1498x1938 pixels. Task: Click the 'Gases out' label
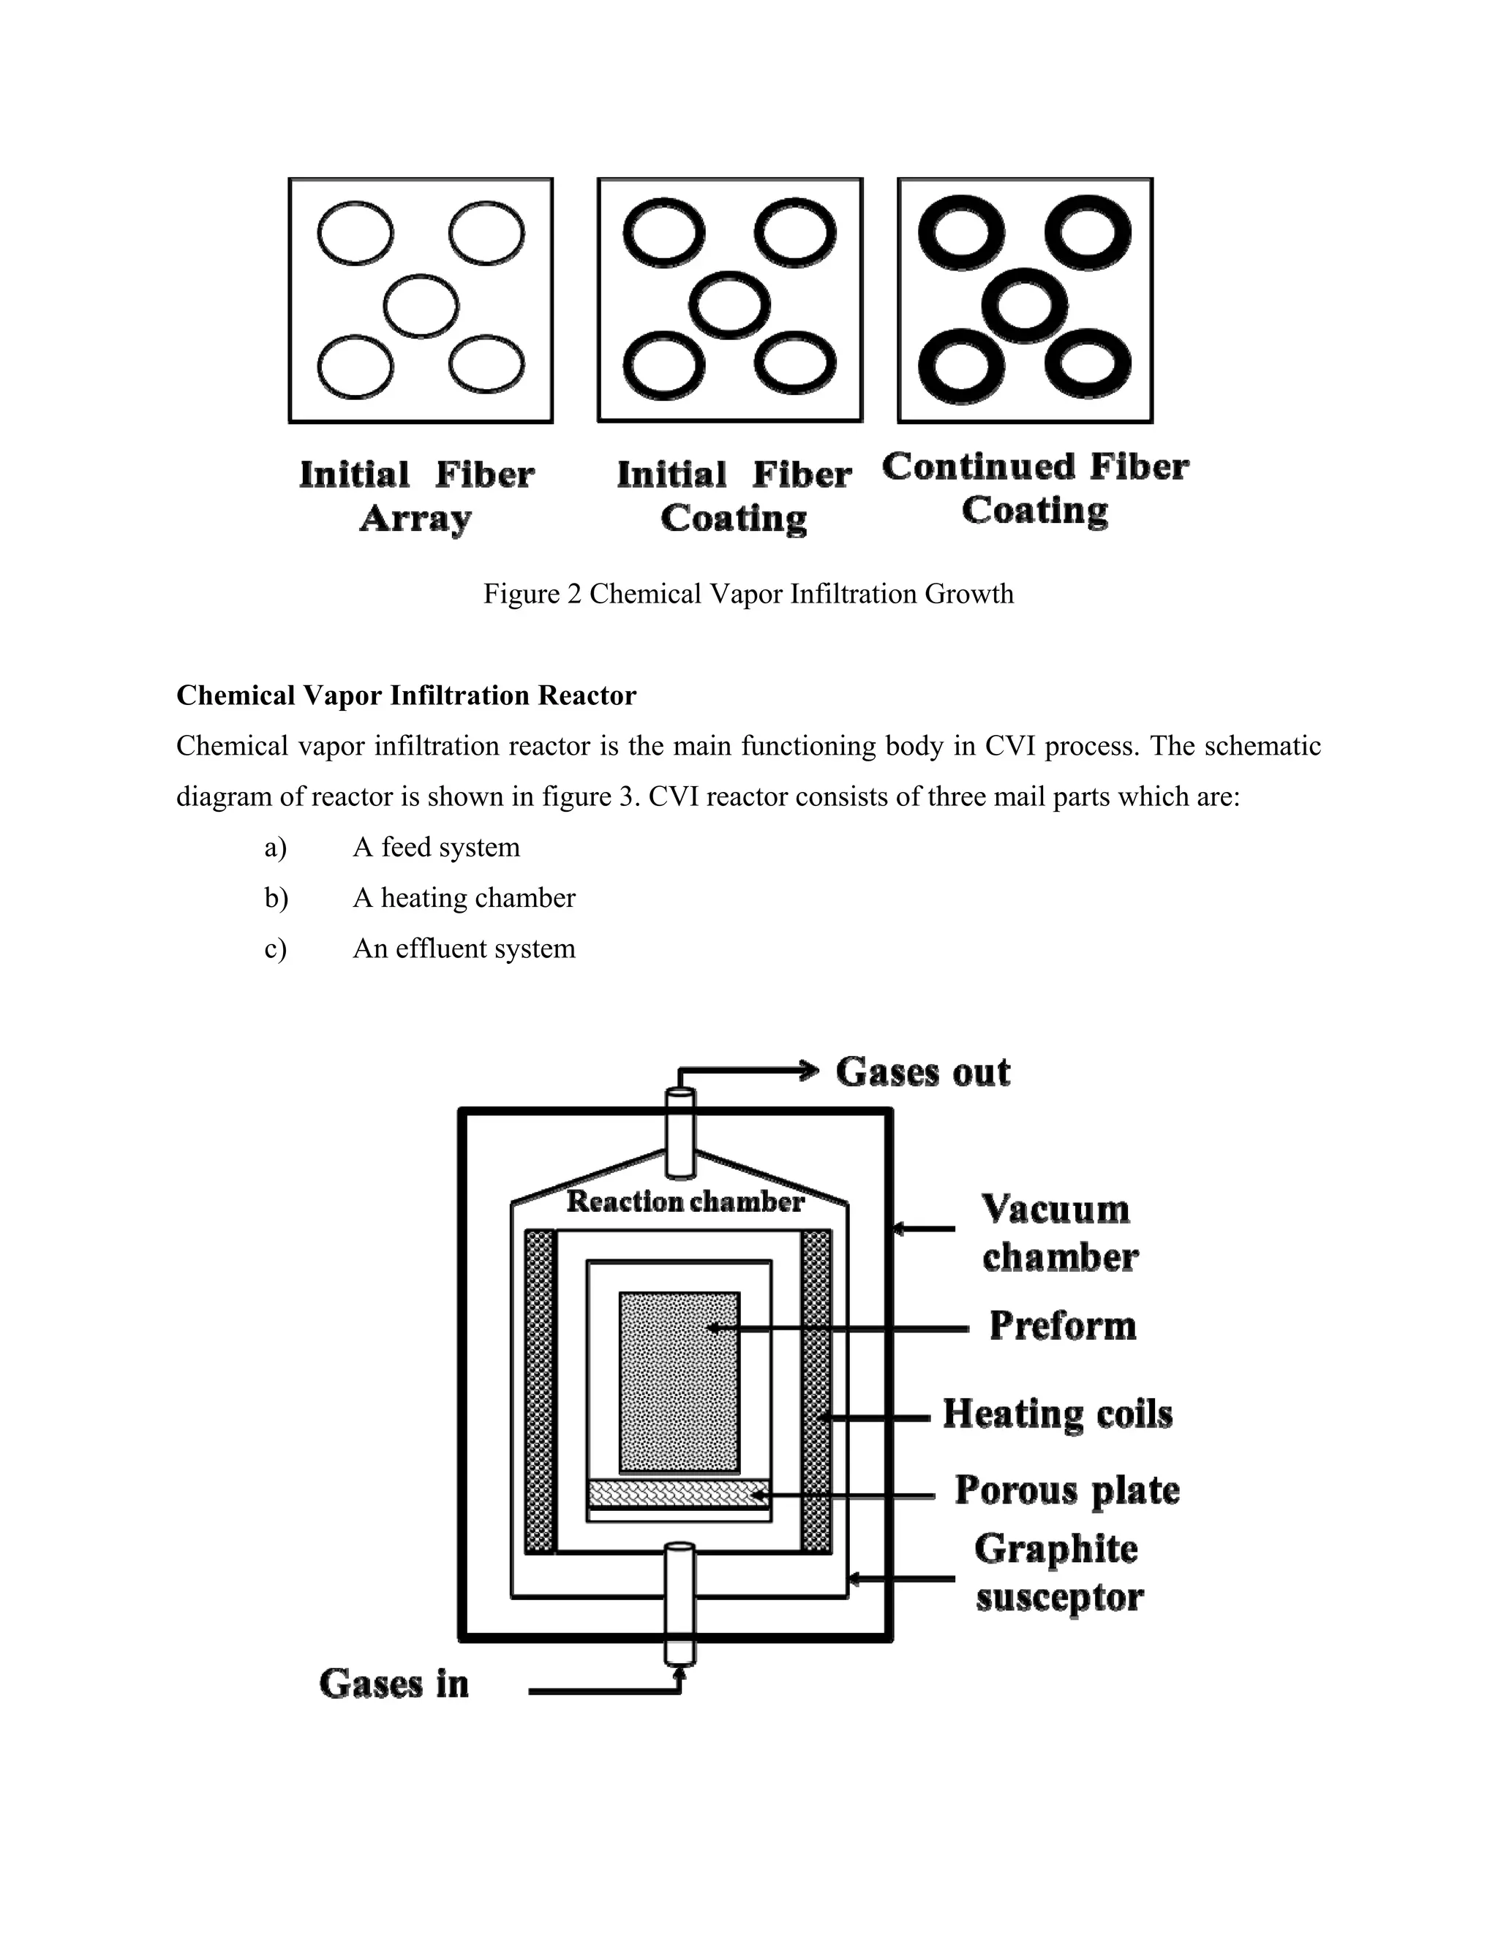[922, 1072]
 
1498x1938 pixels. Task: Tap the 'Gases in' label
[394, 1684]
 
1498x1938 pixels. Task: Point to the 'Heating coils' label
[1057, 1414]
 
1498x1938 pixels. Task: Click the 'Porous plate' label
[1066, 1490]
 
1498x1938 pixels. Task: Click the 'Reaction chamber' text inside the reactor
[685, 1202]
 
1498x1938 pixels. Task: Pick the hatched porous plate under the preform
[679, 1493]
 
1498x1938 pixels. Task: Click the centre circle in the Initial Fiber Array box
[421, 306]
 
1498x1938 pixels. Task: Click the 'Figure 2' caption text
[748, 594]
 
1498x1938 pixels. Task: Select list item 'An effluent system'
[463, 949]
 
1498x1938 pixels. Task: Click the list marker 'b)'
[276, 898]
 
